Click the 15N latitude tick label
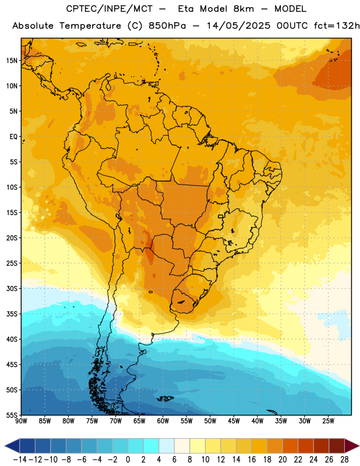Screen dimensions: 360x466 (x=12, y=61)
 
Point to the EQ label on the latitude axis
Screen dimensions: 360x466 (x=13, y=137)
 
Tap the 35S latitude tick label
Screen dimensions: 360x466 (x=12, y=314)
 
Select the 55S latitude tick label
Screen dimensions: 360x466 (x=12, y=415)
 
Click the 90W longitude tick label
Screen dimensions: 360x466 (x=21, y=421)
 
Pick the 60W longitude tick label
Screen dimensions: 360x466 (x=163, y=421)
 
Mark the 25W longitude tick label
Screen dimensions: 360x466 (x=328, y=421)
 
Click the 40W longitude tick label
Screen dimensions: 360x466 (x=257, y=421)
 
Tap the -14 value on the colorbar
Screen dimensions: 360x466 (x=20, y=460)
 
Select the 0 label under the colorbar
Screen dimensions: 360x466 (x=128, y=460)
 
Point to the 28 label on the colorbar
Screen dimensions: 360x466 (x=344, y=460)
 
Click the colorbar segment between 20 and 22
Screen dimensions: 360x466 (x=290, y=446)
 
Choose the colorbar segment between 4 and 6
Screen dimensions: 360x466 (x=167, y=446)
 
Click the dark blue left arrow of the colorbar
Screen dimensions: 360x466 (x=12, y=446)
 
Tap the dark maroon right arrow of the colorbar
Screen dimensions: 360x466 (x=352, y=446)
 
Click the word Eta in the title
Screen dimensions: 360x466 (x=186, y=9)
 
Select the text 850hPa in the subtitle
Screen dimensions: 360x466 (x=167, y=26)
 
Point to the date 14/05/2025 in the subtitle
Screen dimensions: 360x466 (x=238, y=26)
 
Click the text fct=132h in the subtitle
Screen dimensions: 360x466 (x=337, y=26)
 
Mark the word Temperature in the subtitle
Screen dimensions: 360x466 (x=90, y=26)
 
